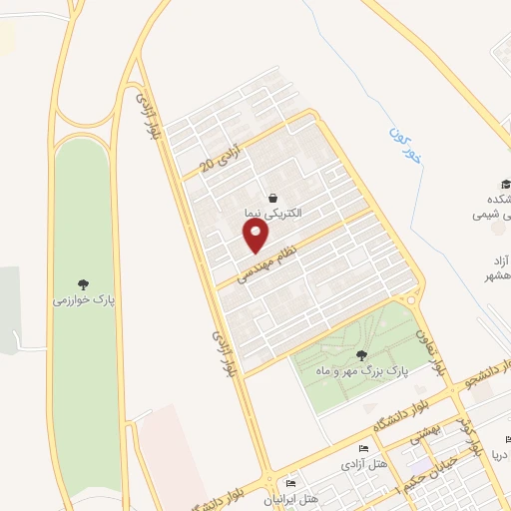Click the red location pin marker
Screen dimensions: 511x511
click(x=256, y=237)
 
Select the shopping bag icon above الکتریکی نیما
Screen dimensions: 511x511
click(x=272, y=198)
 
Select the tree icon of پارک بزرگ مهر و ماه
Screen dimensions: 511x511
click(x=361, y=354)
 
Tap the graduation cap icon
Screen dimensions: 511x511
click(x=505, y=185)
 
